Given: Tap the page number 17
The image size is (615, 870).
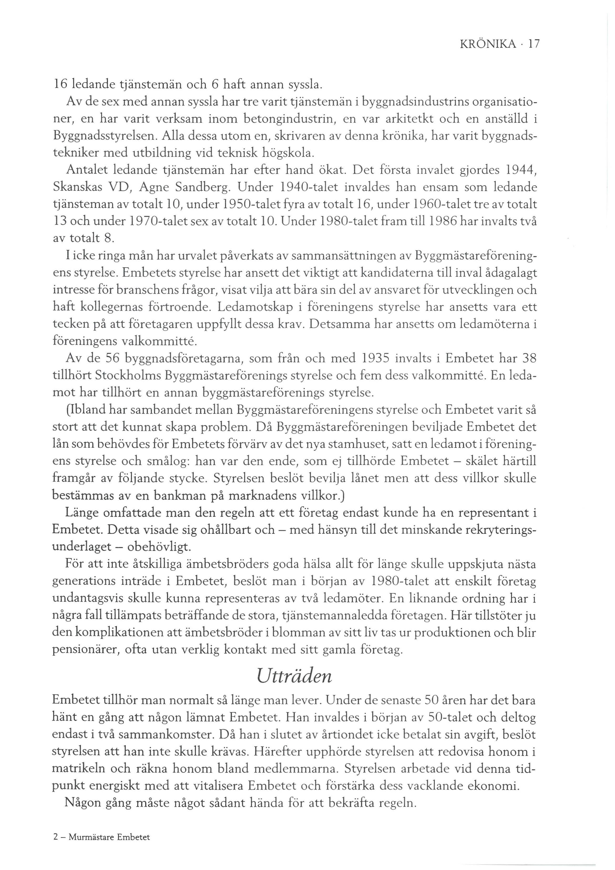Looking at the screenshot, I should pyautogui.click(x=534, y=45).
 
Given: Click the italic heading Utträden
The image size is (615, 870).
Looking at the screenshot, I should pyautogui.click(x=294, y=676).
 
